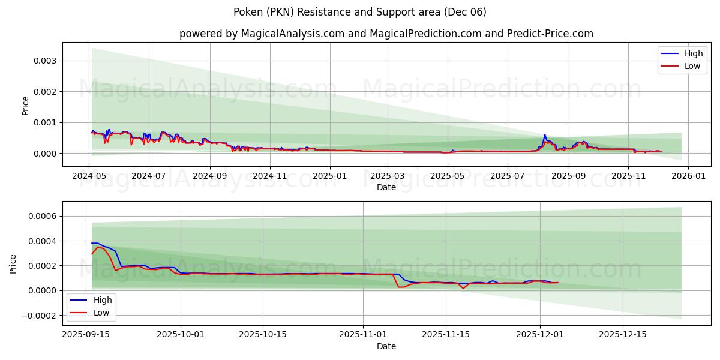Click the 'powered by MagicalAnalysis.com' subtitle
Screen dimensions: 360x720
pos(386,34)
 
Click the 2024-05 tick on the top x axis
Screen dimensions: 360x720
pos(89,176)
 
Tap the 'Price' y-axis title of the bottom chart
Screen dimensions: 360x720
pos(13,263)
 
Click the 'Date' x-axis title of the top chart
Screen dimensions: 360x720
pos(386,187)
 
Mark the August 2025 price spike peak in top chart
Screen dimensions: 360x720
pos(545,134)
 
